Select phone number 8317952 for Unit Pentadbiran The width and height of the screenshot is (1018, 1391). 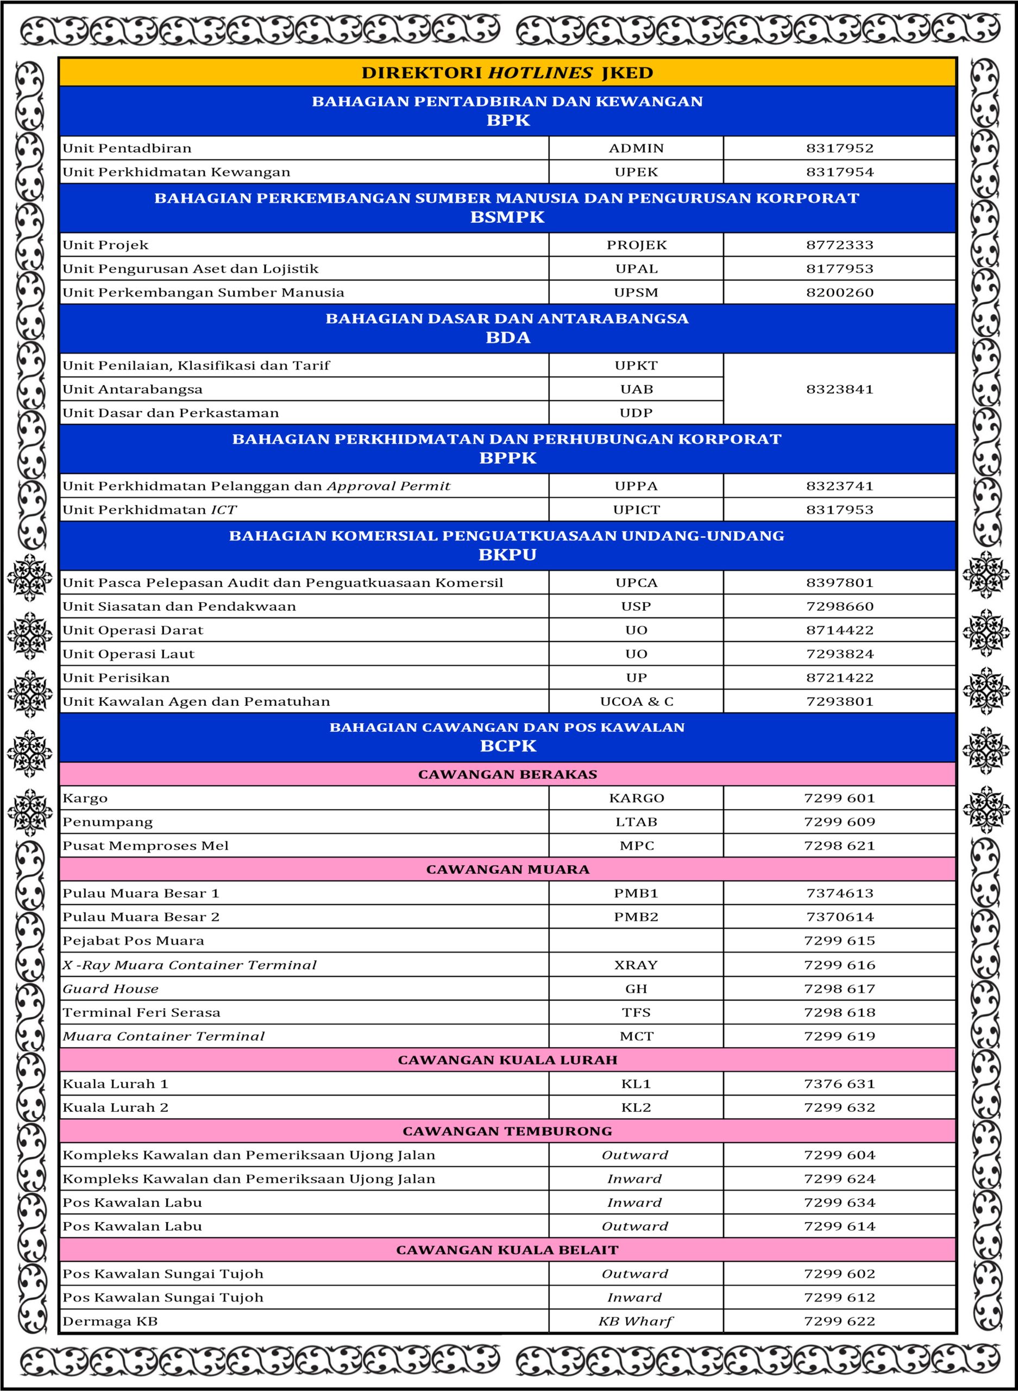tap(839, 148)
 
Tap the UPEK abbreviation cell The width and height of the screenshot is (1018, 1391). tap(636, 172)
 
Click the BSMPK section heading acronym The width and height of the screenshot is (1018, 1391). tap(507, 217)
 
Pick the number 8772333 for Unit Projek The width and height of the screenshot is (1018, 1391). tap(839, 245)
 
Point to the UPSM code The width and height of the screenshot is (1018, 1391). tap(636, 293)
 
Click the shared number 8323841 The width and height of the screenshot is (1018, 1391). tap(839, 390)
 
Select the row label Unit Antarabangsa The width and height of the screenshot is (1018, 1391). tap(133, 390)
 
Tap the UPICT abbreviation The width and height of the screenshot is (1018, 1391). tap(636, 510)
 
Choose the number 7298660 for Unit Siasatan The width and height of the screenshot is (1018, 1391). tap(839, 606)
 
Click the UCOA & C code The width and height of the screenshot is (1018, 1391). tap(636, 701)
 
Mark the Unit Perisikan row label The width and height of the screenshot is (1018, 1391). tap(116, 678)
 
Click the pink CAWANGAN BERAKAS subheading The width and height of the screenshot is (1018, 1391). tap(507, 775)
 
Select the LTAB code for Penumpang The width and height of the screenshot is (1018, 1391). tap(636, 822)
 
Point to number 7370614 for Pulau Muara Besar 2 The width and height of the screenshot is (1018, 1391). tap(839, 917)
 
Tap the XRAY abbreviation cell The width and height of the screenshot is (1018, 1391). tap(636, 965)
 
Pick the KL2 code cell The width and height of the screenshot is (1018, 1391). tap(636, 1107)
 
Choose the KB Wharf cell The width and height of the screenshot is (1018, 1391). tap(636, 1321)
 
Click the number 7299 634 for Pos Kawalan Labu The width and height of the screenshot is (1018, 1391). tap(839, 1202)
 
